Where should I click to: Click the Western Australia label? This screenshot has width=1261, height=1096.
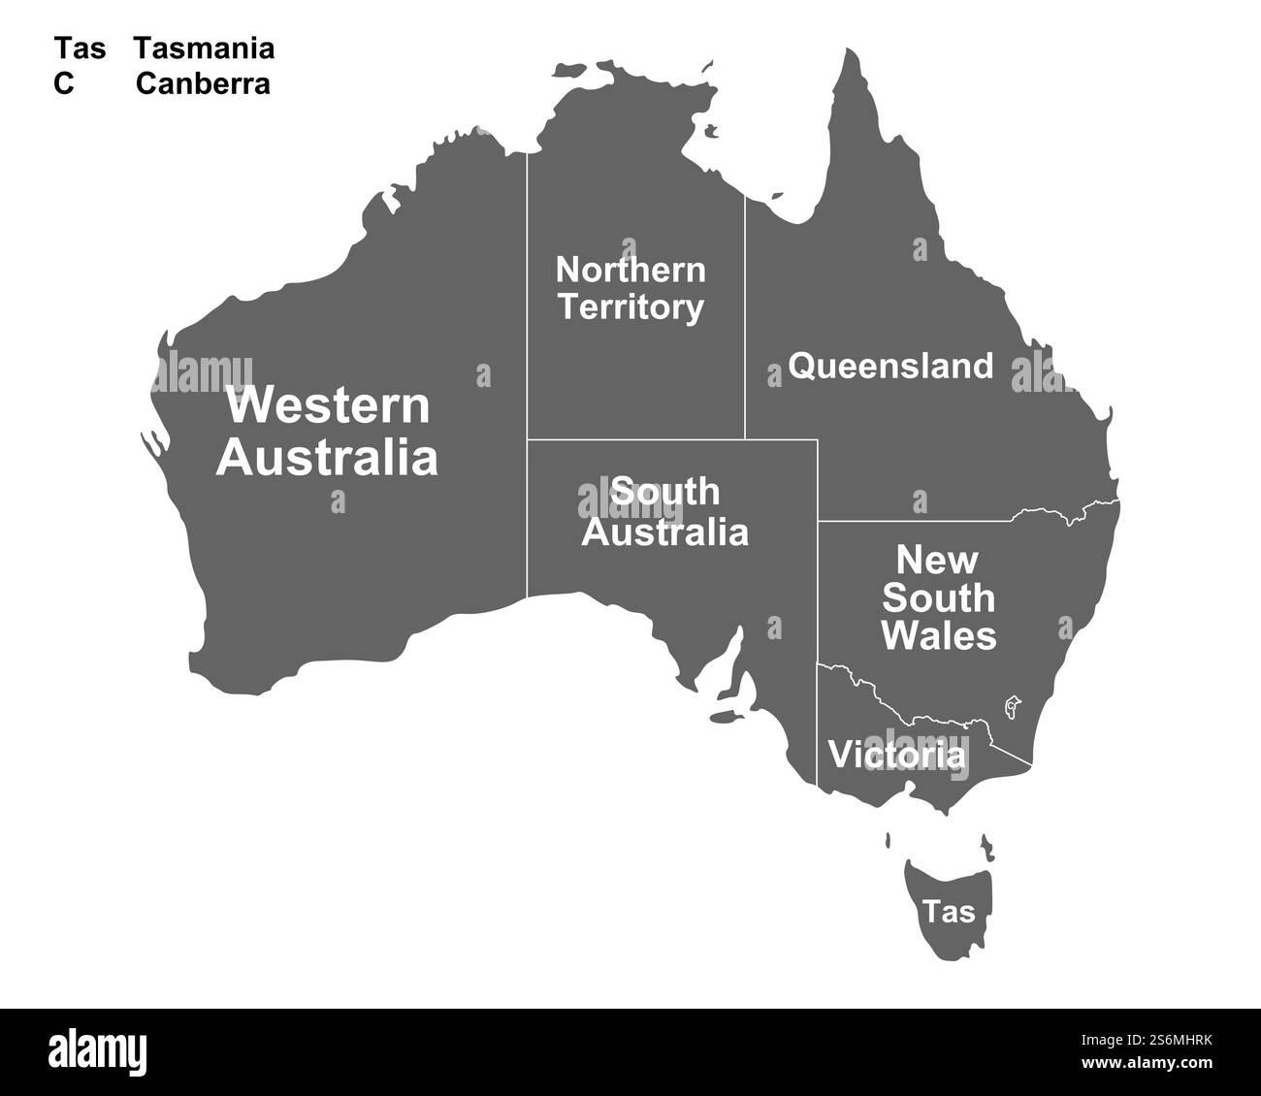[x=327, y=431]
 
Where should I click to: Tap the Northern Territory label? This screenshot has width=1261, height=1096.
[x=630, y=288]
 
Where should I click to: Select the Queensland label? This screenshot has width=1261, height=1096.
[x=890, y=367]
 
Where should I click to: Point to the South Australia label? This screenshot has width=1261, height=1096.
[x=665, y=512]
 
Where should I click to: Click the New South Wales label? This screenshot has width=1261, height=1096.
[x=938, y=597]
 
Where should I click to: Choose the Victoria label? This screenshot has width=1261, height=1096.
[x=897, y=755]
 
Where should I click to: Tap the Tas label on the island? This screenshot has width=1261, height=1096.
[x=949, y=912]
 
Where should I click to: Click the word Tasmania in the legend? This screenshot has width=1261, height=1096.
[x=204, y=48]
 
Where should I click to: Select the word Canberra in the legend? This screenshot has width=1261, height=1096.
[x=203, y=84]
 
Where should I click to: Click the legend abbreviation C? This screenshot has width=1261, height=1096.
[x=64, y=84]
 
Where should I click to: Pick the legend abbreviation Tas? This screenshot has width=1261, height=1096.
[x=80, y=48]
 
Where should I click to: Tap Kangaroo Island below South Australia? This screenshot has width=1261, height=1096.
[x=723, y=718]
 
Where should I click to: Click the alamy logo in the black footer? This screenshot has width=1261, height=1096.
[x=98, y=1051]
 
